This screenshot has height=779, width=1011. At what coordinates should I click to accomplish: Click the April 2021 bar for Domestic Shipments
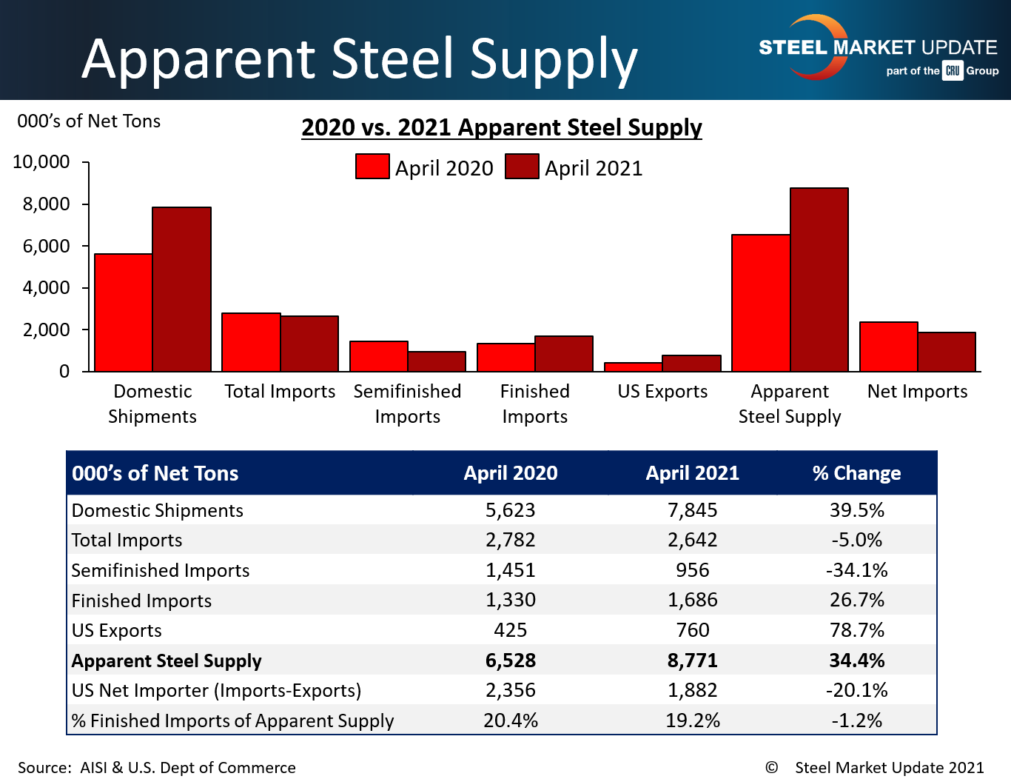click(x=182, y=289)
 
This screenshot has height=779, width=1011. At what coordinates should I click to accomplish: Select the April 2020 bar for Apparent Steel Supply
click(x=761, y=303)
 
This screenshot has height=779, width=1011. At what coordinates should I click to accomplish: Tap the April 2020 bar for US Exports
click(x=633, y=367)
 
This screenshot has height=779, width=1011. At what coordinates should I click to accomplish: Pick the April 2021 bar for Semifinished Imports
click(x=437, y=361)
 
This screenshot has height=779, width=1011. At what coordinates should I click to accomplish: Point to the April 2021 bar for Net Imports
click(x=947, y=352)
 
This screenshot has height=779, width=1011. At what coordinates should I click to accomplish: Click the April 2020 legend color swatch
click(x=372, y=167)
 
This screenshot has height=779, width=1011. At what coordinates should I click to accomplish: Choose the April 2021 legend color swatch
click(x=522, y=167)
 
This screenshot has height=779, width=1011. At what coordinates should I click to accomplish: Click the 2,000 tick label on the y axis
click(x=46, y=330)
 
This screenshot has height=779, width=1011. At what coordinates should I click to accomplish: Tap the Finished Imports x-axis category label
click(x=534, y=404)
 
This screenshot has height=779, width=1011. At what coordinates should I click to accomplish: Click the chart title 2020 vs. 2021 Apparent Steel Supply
click(x=501, y=127)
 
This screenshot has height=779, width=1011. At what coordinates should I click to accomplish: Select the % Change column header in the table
click(x=856, y=473)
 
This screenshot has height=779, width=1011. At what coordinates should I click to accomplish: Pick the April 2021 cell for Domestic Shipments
click(x=692, y=510)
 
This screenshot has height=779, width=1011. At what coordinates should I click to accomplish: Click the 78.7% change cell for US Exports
click(x=856, y=630)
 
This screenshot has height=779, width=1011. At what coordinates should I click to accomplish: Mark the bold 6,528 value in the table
click(x=510, y=661)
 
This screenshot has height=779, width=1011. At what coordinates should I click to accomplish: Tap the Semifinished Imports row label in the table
click(x=161, y=570)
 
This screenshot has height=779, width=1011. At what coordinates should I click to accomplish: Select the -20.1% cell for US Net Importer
click(x=856, y=690)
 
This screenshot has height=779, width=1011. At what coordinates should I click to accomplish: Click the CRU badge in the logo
click(x=953, y=71)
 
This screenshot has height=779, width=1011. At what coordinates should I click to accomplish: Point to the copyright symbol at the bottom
click(x=771, y=767)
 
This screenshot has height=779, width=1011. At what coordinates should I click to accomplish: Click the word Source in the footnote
click(x=43, y=768)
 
